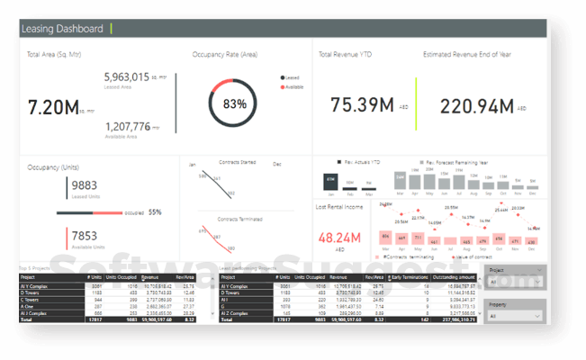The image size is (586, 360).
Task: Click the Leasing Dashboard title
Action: [62, 29]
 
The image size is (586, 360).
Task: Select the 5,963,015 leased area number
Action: [132, 77]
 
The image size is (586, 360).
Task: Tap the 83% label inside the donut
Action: [235, 104]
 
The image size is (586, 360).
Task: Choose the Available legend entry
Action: [293, 87]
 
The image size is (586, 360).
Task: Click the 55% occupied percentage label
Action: [155, 212]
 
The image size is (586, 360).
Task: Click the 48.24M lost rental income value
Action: [339, 238]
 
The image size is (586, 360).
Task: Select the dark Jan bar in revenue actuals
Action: [330, 181]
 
